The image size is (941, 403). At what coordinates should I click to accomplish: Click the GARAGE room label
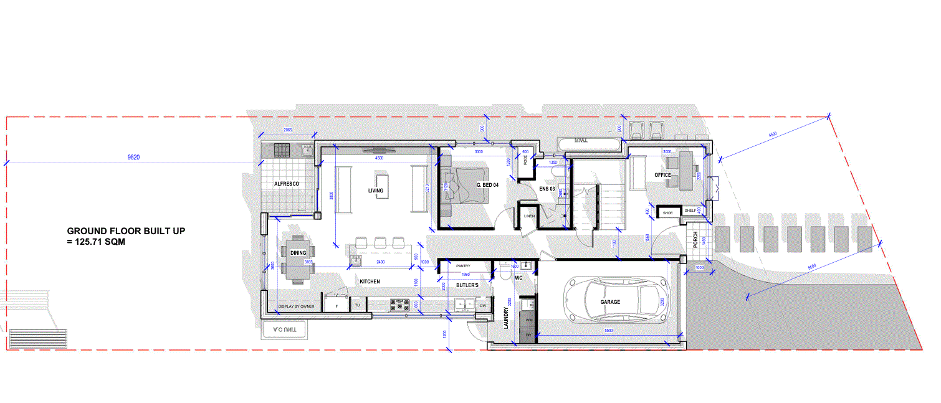tap(610, 302)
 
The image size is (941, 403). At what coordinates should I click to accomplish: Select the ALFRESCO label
tap(287, 184)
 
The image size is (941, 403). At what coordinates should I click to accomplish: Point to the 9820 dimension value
tap(133, 158)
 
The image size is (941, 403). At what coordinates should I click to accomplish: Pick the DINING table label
tap(298, 252)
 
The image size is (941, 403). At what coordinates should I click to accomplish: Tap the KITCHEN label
tap(370, 282)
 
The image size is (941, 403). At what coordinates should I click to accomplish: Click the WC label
tap(517, 278)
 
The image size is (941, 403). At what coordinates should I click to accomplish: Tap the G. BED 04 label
tap(487, 185)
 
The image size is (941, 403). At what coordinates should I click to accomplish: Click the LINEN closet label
tap(529, 216)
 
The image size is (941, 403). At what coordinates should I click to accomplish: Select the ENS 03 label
tap(547, 187)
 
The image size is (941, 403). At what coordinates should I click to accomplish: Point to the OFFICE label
tap(662, 175)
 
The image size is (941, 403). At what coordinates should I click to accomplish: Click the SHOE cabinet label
tap(668, 212)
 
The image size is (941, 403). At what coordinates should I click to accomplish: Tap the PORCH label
tap(695, 240)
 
